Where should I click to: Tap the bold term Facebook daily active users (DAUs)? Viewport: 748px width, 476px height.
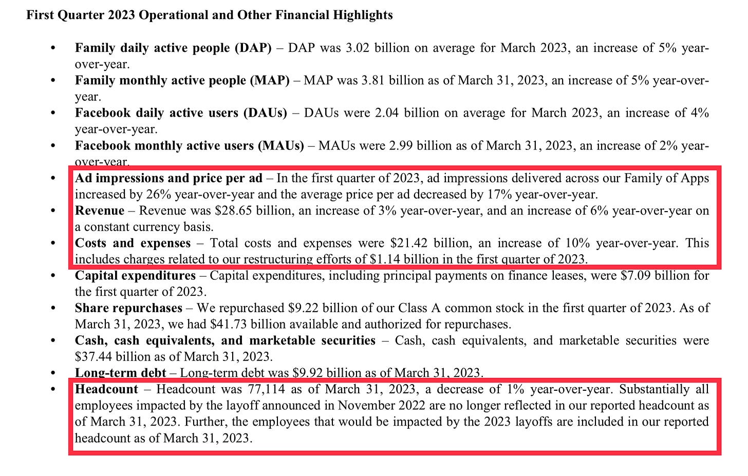pyautogui.click(x=181, y=112)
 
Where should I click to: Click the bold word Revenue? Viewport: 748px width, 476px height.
pyautogui.click(x=100, y=211)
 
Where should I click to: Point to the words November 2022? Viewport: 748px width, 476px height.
pyautogui.click(x=381, y=405)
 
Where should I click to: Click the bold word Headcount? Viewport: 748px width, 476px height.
pyautogui.click(x=107, y=389)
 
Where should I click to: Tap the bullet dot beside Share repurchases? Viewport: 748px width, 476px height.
pyautogui.click(x=53, y=308)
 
